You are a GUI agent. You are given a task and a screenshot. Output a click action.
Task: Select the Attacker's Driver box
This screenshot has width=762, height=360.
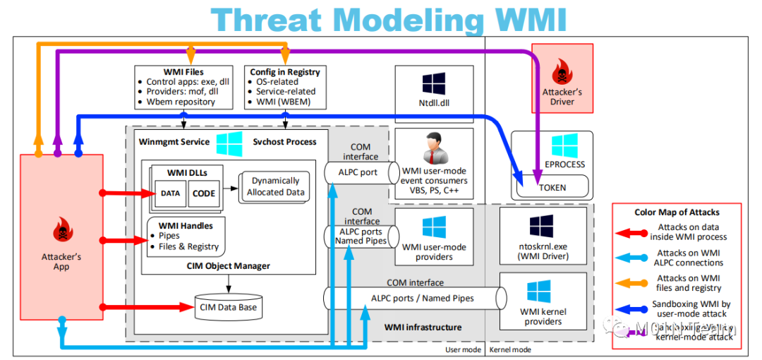(x=562, y=78)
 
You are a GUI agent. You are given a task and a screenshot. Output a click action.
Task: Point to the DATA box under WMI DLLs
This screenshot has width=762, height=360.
(x=170, y=193)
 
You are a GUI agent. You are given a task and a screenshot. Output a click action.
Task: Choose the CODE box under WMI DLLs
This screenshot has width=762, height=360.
(x=204, y=193)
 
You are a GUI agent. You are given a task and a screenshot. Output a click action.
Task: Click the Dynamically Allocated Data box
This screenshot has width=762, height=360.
(x=275, y=186)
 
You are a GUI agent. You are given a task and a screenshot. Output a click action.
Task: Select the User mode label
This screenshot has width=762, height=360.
(x=463, y=349)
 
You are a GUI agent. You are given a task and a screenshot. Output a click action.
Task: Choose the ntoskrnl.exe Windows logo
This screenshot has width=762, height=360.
(x=542, y=226)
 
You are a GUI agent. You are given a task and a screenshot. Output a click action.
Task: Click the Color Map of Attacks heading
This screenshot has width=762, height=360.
(x=676, y=212)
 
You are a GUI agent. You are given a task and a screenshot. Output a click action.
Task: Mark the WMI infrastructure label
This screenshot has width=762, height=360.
(x=423, y=327)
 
